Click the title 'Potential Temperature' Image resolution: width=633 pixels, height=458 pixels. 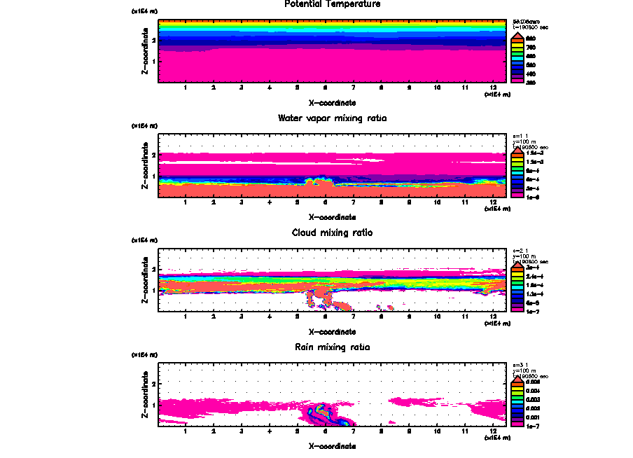point(332,4)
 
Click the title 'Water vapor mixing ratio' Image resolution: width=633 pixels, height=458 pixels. point(332,118)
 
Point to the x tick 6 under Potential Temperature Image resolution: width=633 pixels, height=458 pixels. point(325,88)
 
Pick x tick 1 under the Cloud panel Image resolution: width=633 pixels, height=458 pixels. point(186,316)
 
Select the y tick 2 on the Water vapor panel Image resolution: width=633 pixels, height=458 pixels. point(153,154)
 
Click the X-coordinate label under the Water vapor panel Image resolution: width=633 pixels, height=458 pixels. point(332,216)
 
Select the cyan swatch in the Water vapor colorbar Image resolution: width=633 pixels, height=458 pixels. point(519,171)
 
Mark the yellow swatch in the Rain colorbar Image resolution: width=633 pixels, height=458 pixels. point(519,391)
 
